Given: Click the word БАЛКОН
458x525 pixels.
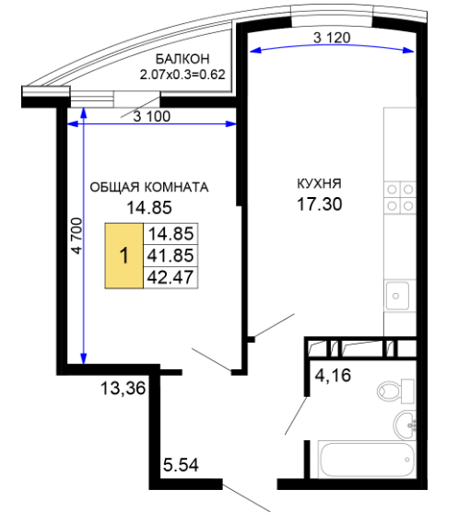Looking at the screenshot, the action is pos(182,59).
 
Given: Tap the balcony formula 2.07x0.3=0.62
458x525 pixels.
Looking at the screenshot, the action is pos(182,75).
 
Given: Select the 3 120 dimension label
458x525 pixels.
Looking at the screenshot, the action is pos(332,38).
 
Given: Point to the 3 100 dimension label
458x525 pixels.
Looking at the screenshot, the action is pos(152,117).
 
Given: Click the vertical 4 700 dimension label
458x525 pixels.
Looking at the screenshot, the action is pos(76,236).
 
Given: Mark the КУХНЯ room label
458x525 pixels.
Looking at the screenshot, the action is pos(319,184).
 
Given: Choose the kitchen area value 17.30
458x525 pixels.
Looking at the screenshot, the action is pos(320,204).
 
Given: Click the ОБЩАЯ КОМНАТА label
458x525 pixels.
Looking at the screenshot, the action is pos(149,187).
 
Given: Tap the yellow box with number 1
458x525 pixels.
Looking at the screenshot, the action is pos(124,256).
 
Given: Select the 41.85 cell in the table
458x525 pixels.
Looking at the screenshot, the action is pos(170,255).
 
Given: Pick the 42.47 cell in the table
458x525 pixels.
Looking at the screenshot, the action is pos(170,277).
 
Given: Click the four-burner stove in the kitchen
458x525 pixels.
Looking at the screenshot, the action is pos(400,197).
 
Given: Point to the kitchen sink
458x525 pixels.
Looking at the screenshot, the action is pos(397,296).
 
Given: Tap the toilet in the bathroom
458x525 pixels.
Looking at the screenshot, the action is pos(395,391).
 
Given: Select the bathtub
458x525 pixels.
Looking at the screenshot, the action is pos(366,460).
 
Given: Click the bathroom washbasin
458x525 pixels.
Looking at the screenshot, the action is pos(405,425).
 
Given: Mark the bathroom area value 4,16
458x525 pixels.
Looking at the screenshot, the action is pos(333,375).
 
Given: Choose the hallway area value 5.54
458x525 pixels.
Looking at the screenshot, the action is pos(181,465).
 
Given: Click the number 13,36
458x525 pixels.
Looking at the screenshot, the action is pos(123,389).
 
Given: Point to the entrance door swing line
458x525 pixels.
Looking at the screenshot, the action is pos(246,498).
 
